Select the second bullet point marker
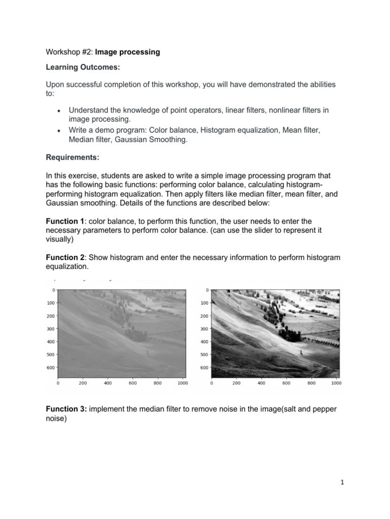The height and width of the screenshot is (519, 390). click(59, 131)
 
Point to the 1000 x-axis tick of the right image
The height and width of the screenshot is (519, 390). click(336, 384)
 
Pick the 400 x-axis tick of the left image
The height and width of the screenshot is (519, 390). click(108, 384)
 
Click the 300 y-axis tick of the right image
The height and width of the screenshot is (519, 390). click(204, 329)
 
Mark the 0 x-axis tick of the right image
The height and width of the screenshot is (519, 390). click(211, 384)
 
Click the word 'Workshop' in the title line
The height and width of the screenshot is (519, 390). click(61, 52)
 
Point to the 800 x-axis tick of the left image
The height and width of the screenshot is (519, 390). click(157, 384)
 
